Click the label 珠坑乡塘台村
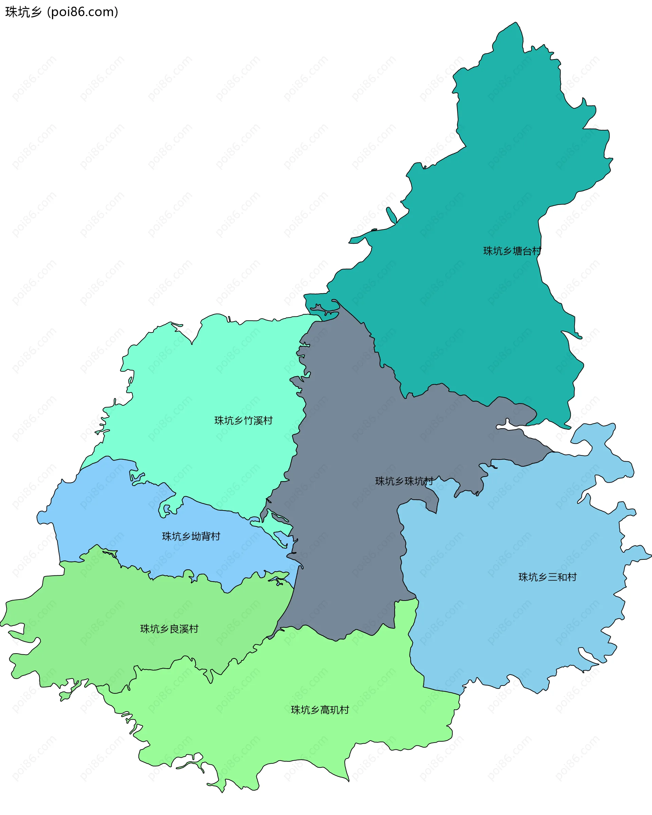pyautogui.click(x=512, y=251)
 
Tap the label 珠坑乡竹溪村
pyautogui.click(x=243, y=420)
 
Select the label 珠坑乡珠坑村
pyautogui.click(x=404, y=481)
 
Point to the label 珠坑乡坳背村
pyautogui.click(x=191, y=536)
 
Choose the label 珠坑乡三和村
pyautogui.click(x=547, y=577)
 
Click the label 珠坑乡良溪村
pyautogui.click(x=169, y=629)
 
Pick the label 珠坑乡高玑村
pyautogui.click(x=320, y=710)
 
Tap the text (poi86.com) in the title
pyautogui.click(x=83, y=12)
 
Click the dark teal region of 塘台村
pyautogui.click(x=491, y=321)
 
